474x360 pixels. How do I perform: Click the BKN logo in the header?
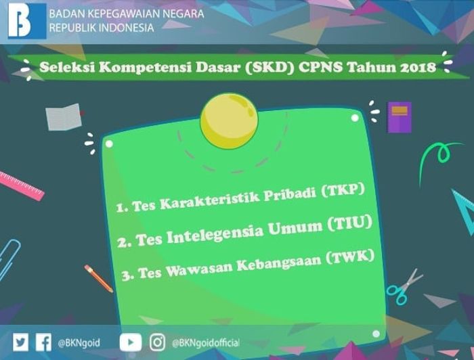pyautogui.click(x=27, y=21)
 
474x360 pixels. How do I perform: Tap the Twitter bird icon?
pyautogui.click(x=20, y=342)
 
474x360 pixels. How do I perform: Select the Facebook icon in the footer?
pyautogui.click(x=43, y=342)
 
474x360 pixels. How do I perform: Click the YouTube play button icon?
pyautogui.click(x=130, y=342)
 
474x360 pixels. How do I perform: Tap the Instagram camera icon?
pyautogui.click(x=158, y=342)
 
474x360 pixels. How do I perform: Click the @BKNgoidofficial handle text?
pyautogui.click(x=206, y=343)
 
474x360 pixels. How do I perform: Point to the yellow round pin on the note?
pyautogui.click(x=229, y=121)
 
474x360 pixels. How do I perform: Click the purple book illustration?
pyautogui.click(x=400, y=117)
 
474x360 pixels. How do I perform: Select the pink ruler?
pyautogui.click(x=21, y=185)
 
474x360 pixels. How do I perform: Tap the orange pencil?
pyautogui.click(x=99, y=278)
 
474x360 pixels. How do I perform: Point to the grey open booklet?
pyautogui.click(x=64, y=117)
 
